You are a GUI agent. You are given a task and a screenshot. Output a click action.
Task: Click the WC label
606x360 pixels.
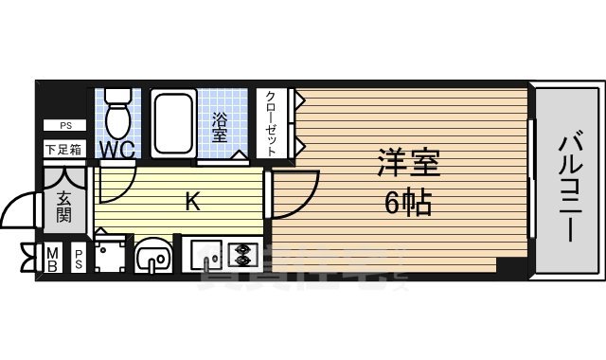[117, 150]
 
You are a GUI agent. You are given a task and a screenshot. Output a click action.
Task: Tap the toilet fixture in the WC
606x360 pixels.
[118, 114]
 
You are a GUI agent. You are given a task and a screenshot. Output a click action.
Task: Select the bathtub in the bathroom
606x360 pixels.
[172, 123]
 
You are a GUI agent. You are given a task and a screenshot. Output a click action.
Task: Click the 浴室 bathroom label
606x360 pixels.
[220, 127]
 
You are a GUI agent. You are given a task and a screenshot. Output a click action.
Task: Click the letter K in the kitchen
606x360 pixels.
[191, 201]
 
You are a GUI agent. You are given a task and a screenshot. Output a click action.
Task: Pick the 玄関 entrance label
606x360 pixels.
[64, 206]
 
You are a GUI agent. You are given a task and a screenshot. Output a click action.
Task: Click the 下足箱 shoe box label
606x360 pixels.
[64, 149]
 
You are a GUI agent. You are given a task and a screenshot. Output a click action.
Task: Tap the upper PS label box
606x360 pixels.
[64, 125]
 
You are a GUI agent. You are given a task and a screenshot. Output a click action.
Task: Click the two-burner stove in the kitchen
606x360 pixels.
[241, 254]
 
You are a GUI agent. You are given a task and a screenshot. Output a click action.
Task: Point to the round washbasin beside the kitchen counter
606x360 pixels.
[151, 257]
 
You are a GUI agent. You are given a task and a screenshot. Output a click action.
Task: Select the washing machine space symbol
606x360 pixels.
[111, 254]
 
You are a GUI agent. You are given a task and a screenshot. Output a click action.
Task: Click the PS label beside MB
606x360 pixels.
[79, 260]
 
